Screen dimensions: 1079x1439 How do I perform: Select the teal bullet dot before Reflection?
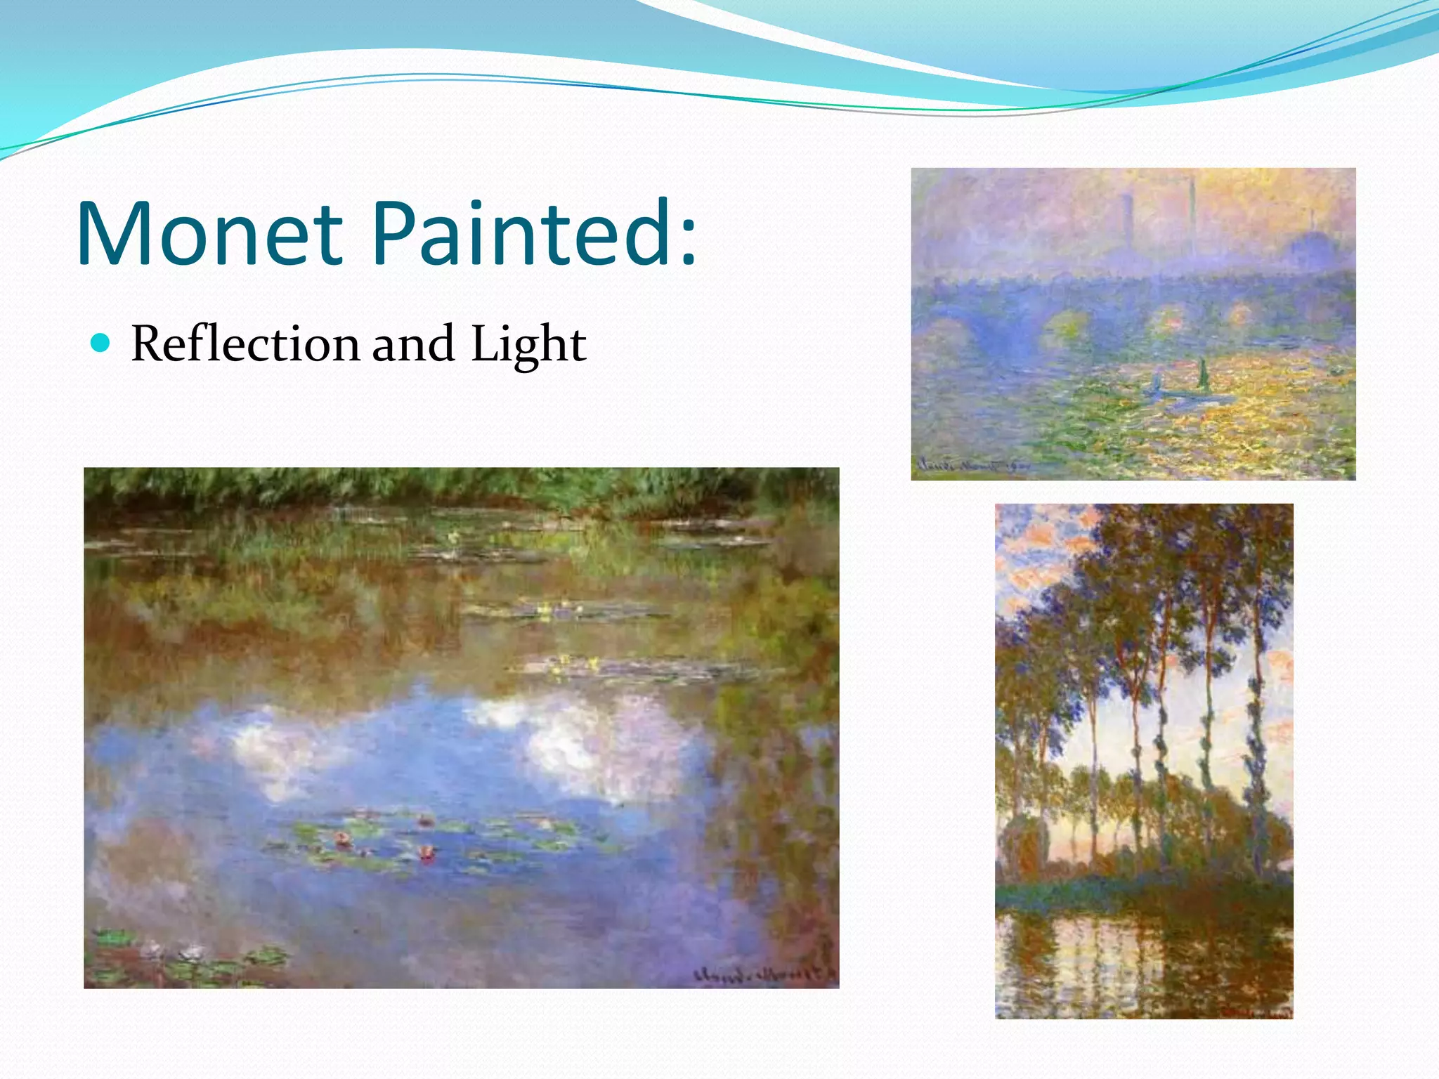pyautogui.click(x=102, y=344)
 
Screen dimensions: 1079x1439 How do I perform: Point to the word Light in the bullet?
pyautogui.click(x=528, y=346)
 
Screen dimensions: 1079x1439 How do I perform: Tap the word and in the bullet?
pyautogui.click(x=413, y=344)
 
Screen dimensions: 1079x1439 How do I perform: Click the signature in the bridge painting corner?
pyautogui.click(x=973, y=466)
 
